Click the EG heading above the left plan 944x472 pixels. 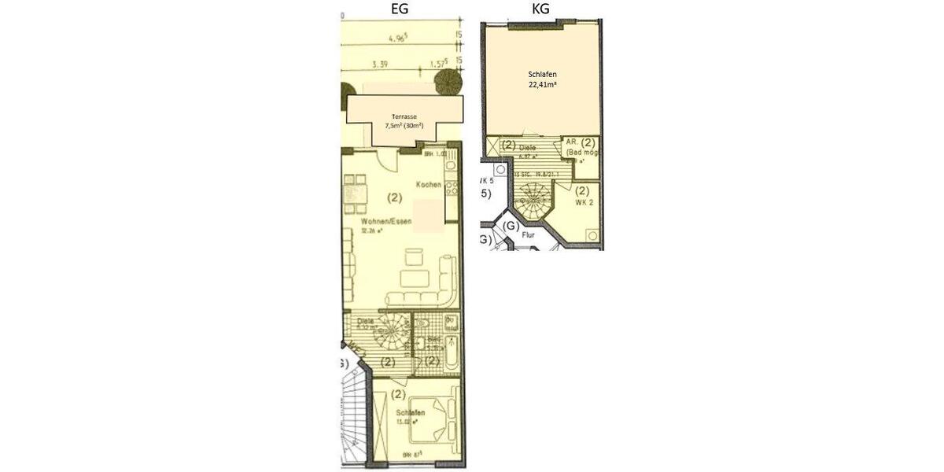click(x=400, y=9)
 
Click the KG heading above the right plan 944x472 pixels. click(x=540, y=9)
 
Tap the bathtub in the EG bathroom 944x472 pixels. click(x=451, y=349)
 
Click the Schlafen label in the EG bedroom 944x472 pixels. click(x=411, y=412)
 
